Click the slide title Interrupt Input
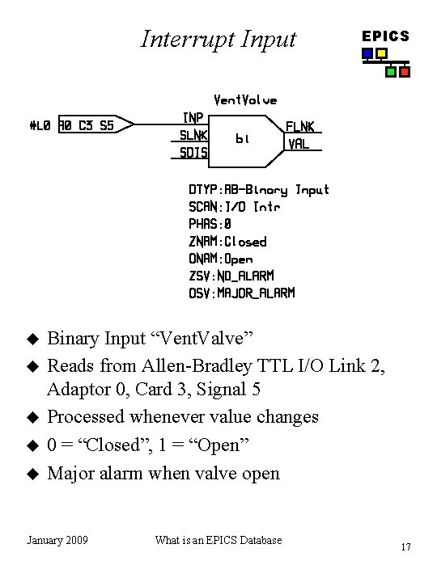[x=218, y=38]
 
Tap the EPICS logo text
[x=385, y=36]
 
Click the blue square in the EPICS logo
[x=367, y=54]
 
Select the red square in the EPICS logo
[x=405, y=71]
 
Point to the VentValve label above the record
[x=244, y=100]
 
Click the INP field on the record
[x=193, y=118]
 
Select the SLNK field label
[x=193, y=135]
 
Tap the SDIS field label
[x=193, y=152]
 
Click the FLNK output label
[x=300, y=127]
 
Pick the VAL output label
[x=298, y=144]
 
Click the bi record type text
[x=243, y=138]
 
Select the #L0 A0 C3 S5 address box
[x=86, y=125]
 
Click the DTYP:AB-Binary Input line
[x=259, y=190]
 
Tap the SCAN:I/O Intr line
[x=235, y=207]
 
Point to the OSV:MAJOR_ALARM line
[x=242, y=293]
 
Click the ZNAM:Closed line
[x=227, y=241]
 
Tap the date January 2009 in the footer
[x=57, y=540]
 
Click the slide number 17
[x=406, y=547]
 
